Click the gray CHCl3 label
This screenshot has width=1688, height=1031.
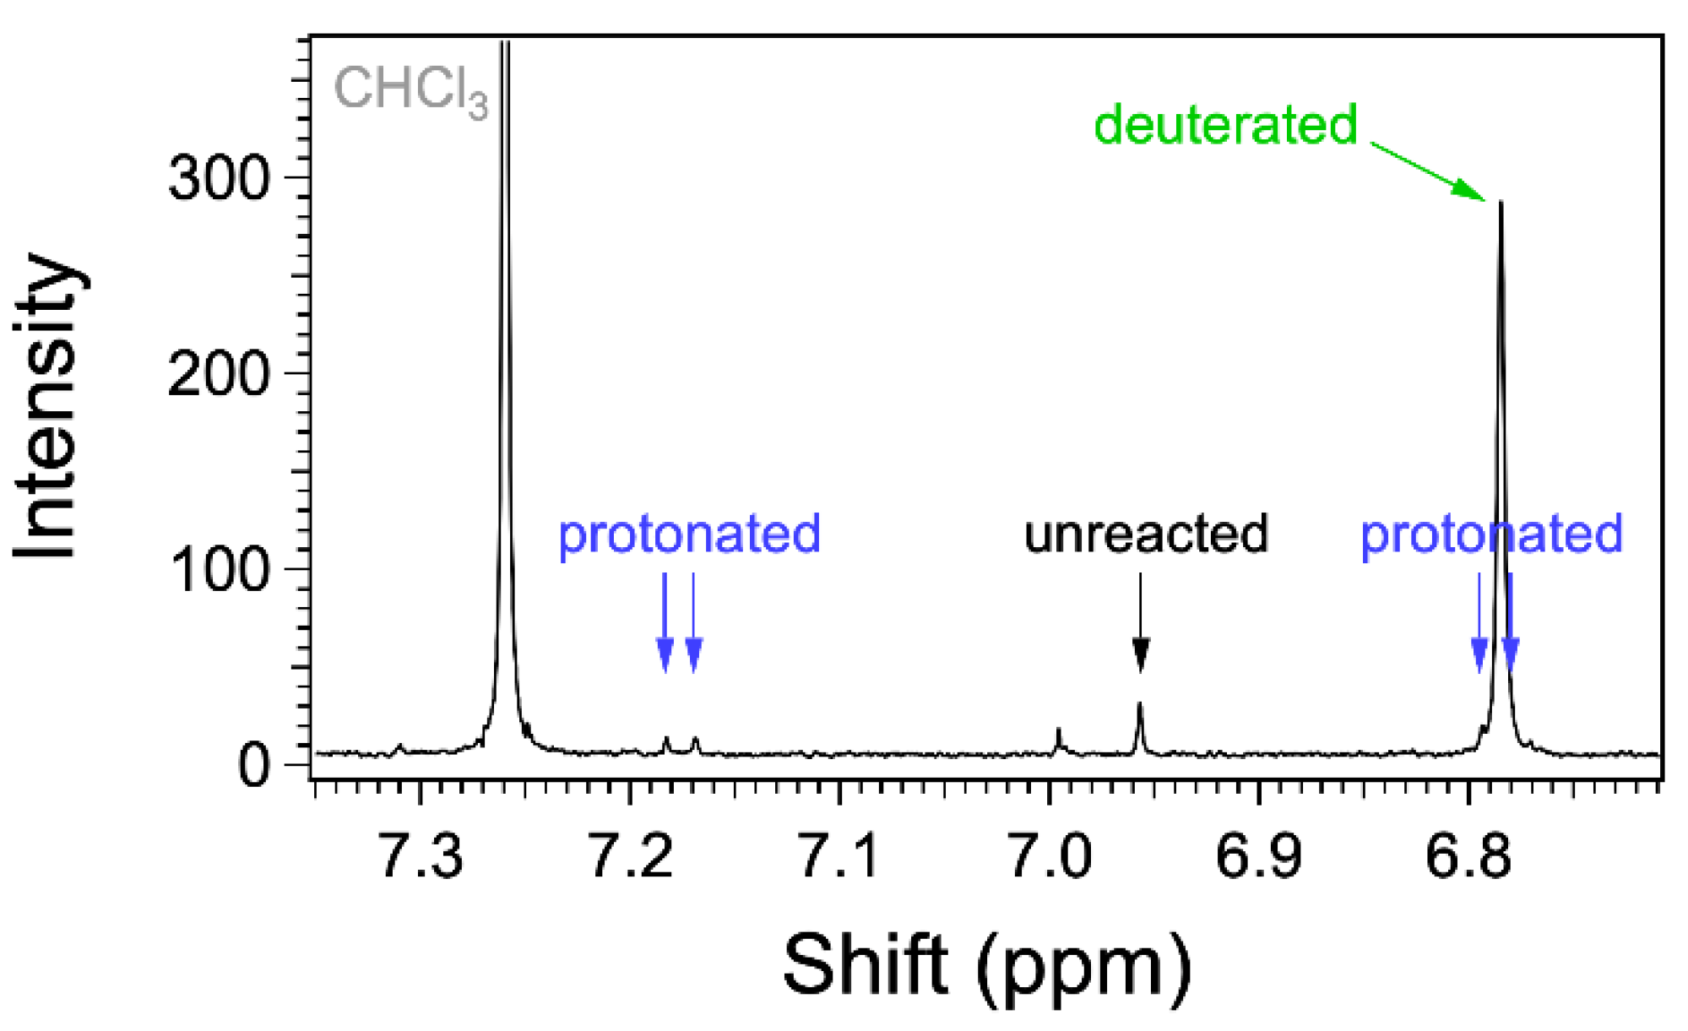pyautogui.click(x=410, y=90)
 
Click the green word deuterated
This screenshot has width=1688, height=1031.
pyautogui.click(x=1225, y=125)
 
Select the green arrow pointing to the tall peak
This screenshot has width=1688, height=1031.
pyautogui.click(x=1427, y=172)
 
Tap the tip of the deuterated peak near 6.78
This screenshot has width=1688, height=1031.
pyautogui.click(x=1501, y=204)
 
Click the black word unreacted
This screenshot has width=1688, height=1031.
pyautogui.click(x=1146, y=534)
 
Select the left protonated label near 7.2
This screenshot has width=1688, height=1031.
pyautogui.click(x=689, y=534)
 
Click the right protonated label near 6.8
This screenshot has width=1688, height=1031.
pyautogui.click(x=1491, y=534)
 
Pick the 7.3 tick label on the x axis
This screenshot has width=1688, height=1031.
pyautogui.click(x=421, y=855)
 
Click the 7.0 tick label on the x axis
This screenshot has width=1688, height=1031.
pyautogui.click(x=1050, y=855)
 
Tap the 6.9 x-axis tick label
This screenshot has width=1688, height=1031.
pyautogui.click(x=1259, y=855)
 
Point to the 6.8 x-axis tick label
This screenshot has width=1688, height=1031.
pyautogui.click(x=1468, y=855)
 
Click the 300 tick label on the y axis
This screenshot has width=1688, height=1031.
pyautogui.click(x=219, y=178)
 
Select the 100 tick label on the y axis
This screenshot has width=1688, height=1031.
pyautogui.click(x=219, y=569)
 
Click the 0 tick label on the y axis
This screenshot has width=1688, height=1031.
pyautogui.click(x=253, y=765)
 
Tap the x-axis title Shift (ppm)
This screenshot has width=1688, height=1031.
pyautogui.click(x=986, y=967)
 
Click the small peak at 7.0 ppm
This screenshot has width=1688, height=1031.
pyautogui.click(x=1058, y=736)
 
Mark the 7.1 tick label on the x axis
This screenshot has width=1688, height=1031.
pyautogui.click(x=840, y=855)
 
